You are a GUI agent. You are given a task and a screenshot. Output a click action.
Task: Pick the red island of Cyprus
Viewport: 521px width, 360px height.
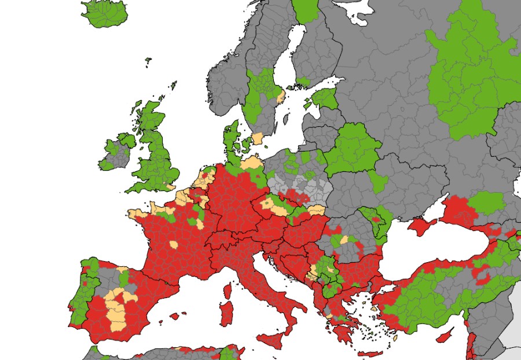point(446,335)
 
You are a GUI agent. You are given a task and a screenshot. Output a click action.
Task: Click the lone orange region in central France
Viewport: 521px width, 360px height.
point(173,245)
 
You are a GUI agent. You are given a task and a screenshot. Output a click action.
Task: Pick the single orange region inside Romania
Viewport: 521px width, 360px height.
point(344,239)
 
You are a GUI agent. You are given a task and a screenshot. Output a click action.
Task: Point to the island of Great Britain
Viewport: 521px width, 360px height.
point(153,156)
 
